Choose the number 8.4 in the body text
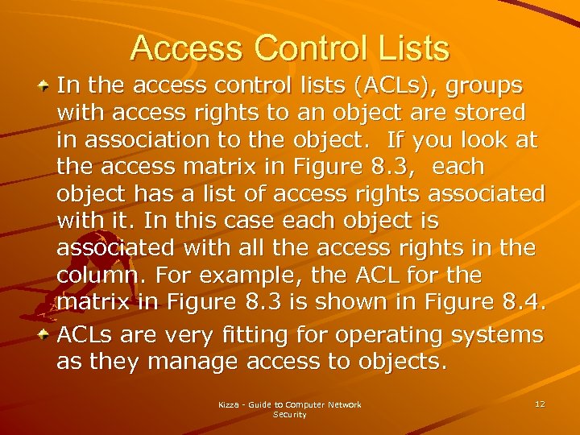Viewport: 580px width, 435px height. click(x=525, y=303)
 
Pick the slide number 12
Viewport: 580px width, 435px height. click(x=540, y=403)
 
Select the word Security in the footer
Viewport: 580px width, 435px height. click(x=290, y=414)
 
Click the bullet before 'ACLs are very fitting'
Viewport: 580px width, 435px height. click(x=47, y=333)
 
